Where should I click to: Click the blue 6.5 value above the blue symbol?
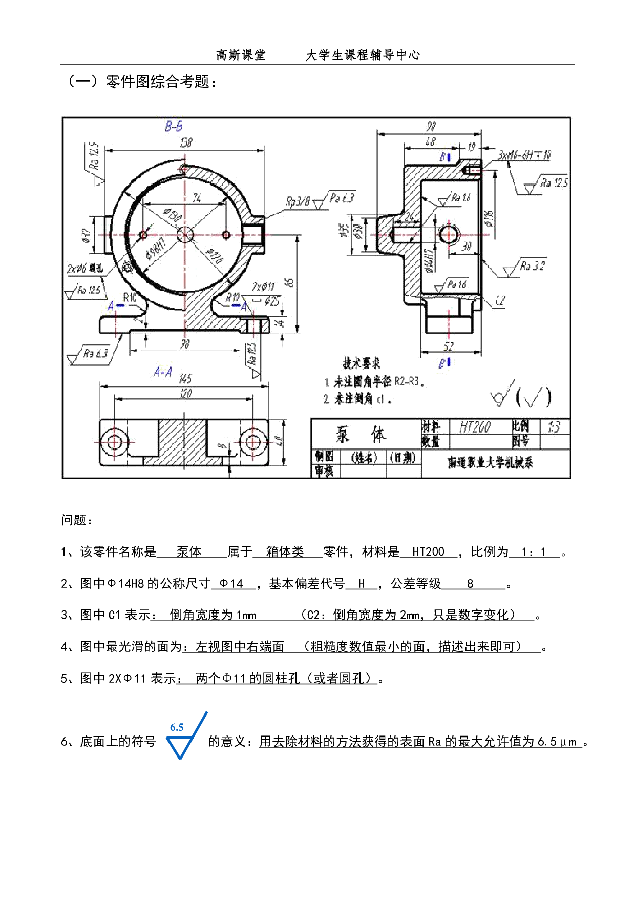click(177, 727)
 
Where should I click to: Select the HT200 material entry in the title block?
click(474, 427)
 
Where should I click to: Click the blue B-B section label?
click(174, 125)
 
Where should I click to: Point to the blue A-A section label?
click(164, 371)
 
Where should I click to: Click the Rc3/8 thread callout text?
click(298, 201)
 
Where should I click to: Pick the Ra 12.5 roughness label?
click(554, 182)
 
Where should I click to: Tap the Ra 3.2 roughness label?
click(533, 266)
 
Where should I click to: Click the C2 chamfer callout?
click(500, 301)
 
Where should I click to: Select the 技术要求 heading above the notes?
click(361, 364)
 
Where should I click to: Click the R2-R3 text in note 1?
click(407, 382)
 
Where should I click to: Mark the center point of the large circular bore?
click(185, 234)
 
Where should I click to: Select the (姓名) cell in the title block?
click(363, 457)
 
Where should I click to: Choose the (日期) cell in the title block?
click(403, 457)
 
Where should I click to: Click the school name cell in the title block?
click(491, 463)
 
